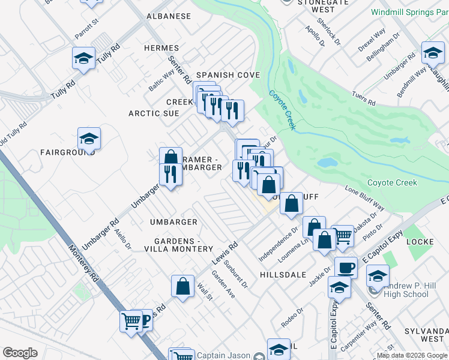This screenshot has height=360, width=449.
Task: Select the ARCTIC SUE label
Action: pos(154,113)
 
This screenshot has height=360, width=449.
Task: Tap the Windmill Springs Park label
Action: pos(409,11)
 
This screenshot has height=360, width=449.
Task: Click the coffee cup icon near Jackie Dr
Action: pos(346,268)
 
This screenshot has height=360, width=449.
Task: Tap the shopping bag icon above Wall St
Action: pos(182,286)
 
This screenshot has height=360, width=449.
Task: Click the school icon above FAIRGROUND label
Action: pos(89,139)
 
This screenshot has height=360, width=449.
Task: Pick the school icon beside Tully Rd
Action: pos(84,58)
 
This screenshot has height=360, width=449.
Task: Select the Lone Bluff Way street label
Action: pos(364,198)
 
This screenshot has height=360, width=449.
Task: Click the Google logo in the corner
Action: pos(20,353)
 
